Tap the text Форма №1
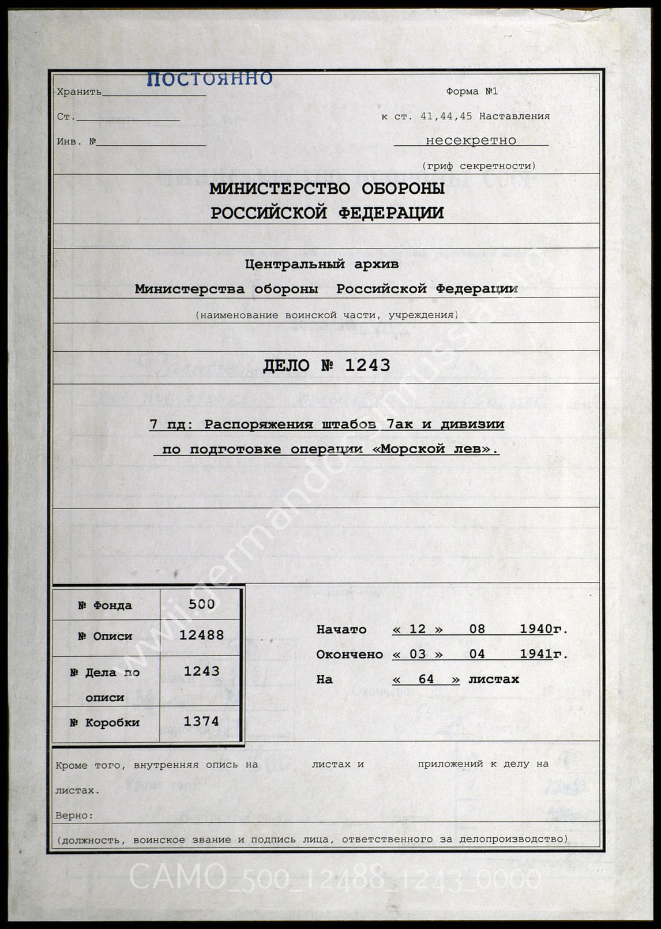(471, 91)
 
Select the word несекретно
(471, 140)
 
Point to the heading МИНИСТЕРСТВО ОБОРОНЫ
(326, 189)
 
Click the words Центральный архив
(322, 264)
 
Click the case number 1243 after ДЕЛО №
(367, 365)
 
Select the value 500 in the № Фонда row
(201, 604)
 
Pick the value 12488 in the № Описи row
(201, 635)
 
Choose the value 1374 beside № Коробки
(201, 721)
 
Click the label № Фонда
(105, 605)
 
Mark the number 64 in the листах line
(426, 679)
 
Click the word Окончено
(349, 655)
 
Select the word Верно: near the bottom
(74, 815)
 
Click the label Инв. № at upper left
(76, 141)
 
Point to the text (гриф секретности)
(479, 166)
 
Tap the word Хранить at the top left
(79, 92)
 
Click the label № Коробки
(105, 723)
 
